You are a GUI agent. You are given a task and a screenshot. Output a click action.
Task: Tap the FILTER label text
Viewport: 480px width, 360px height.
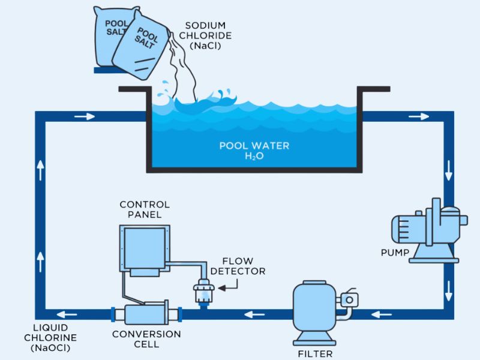click(x=315, y=353)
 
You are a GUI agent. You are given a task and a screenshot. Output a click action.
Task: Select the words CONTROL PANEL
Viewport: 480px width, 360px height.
click(x=145, y=209)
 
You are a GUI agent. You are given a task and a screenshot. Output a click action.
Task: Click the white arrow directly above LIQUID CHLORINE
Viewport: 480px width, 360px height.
click(x=40, y=259)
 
